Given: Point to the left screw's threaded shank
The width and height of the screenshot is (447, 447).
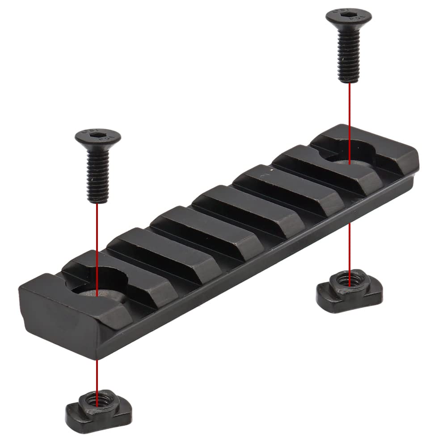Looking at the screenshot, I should pos(98,174).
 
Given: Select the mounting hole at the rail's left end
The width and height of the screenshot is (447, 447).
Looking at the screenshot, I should pos(98,291).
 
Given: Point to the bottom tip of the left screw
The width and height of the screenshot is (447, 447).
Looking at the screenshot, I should pos(98,201).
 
